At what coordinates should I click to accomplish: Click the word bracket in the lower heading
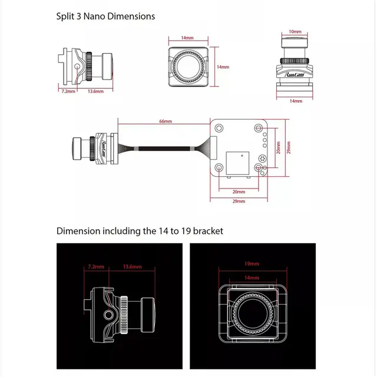[x=205, y=231]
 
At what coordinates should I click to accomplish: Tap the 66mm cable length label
[x=166, y=121]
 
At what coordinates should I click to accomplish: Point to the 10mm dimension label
[x=295, y=31]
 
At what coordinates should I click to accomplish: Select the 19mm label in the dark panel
[x=252, y=263]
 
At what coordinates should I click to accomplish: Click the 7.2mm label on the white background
[x=69, y=91]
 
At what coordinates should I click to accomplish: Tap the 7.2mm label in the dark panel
[x=96, y=267]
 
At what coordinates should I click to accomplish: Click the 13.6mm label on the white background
[x=95, y=91]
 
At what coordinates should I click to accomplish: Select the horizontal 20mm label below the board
[x=239, y=191]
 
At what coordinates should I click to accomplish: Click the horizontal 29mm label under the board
[x=239, y=202]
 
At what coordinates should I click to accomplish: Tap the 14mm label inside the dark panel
[x=252, y=277]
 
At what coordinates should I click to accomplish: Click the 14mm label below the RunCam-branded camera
[x=296, y=101]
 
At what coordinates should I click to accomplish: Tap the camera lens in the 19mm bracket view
[x=252, y=316]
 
